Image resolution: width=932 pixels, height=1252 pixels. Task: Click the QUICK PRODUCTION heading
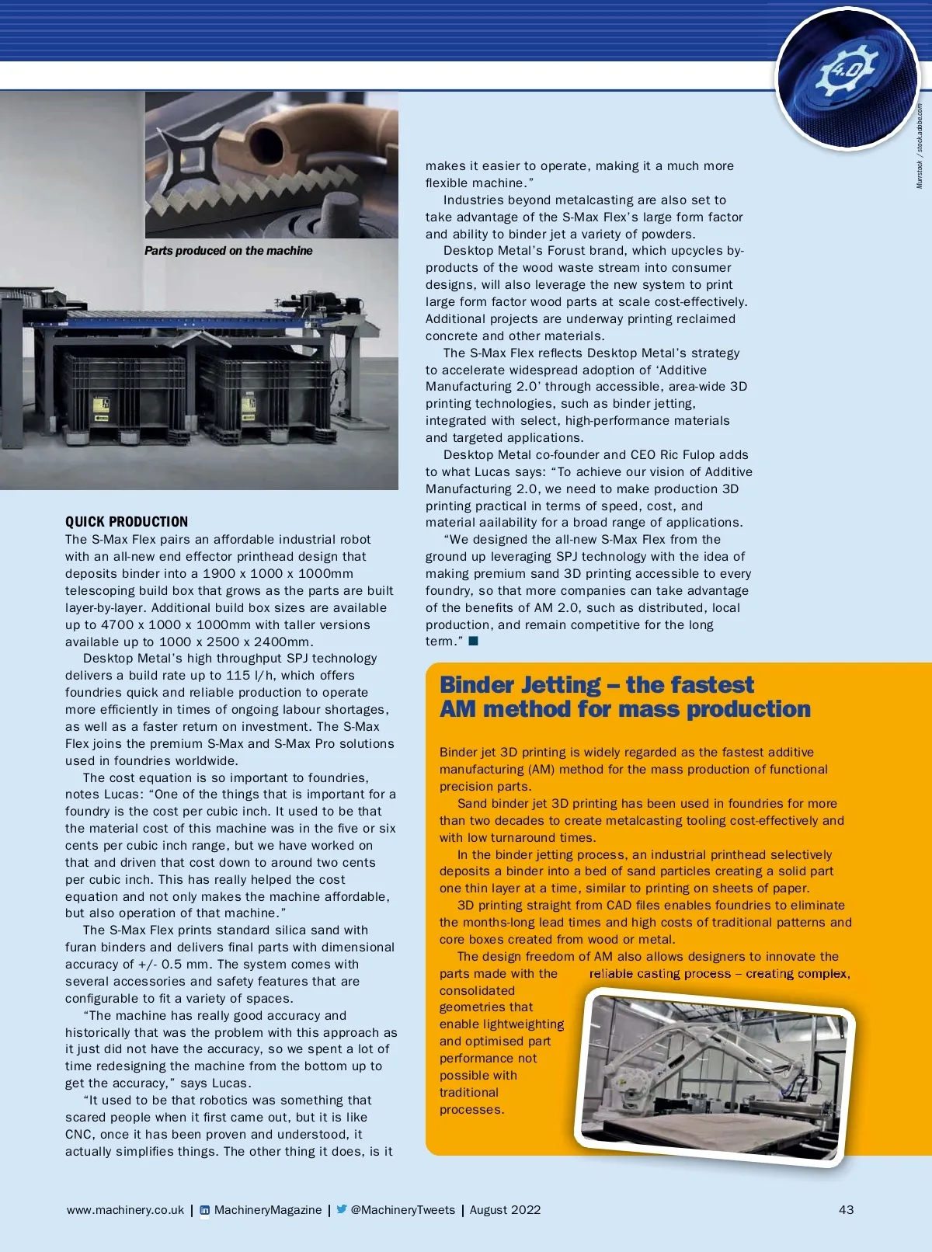[x=127, y=522]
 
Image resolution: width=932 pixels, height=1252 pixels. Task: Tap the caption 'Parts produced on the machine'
[x=228, y=251]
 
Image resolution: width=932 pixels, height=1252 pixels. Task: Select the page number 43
[x=846, y=1209]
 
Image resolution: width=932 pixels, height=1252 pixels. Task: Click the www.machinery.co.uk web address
[x=125, y=1209]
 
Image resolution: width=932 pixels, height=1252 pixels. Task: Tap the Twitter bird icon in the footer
[x=341, y=1209]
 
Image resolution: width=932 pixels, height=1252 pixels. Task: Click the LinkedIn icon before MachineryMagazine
[x=205, y=1210]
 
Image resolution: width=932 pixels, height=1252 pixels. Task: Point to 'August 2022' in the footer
[x=505, y=1209]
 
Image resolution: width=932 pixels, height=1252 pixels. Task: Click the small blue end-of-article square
[x=474, y=641]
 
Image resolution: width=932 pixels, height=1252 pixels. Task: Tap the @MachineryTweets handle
[x=402, y=1209]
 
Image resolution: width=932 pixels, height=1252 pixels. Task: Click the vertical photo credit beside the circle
[x=920, y=146]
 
